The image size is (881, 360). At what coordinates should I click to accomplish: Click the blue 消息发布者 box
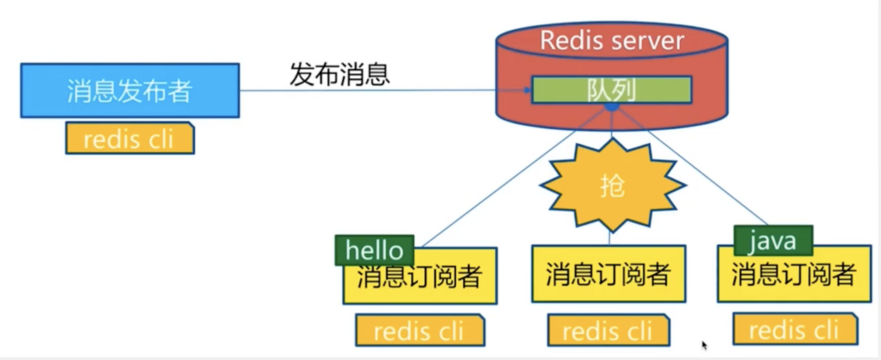click(130, 90)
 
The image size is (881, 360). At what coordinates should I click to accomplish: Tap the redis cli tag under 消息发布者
click(130, 139)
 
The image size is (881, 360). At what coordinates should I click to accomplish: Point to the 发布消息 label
click(339, 75)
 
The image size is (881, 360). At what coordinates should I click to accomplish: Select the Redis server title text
click(612, 40)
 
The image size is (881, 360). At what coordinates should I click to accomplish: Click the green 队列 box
click(611, 90)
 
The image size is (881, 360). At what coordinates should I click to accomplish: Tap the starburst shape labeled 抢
click(612, 185)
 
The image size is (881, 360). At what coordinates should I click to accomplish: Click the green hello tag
click(374, 250)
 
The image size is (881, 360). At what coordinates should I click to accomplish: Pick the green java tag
click(773, 240)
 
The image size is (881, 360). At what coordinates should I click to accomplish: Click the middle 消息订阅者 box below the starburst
click(608, 274)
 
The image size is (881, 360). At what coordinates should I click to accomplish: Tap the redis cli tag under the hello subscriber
click(419, 331)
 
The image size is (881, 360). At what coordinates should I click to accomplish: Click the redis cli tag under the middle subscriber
click(608, 331)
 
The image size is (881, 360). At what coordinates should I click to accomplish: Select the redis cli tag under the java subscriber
click(795, 329)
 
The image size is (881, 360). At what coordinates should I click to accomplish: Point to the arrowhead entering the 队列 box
click(528, 90)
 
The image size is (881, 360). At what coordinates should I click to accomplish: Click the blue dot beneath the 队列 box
click(611, 107)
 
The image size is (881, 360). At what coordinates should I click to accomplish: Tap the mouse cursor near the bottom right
click(704, 345)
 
